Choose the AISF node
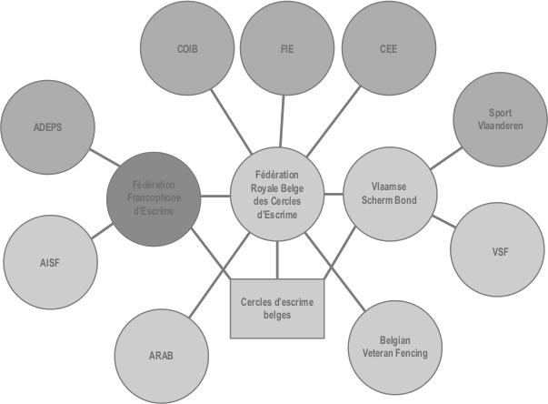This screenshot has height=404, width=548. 49,263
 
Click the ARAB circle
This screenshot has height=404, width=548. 161,354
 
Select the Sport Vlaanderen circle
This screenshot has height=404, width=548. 499,119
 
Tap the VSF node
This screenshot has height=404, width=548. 499,250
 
